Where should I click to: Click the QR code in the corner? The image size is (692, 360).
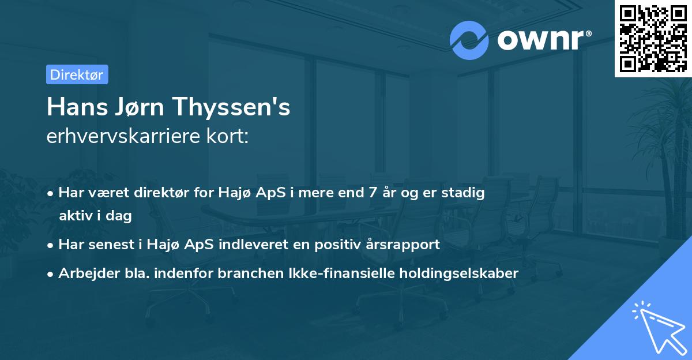653,38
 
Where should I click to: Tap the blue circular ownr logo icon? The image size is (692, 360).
469,40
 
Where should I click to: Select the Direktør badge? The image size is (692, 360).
77,74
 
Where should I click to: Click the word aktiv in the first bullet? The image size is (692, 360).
75,216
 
